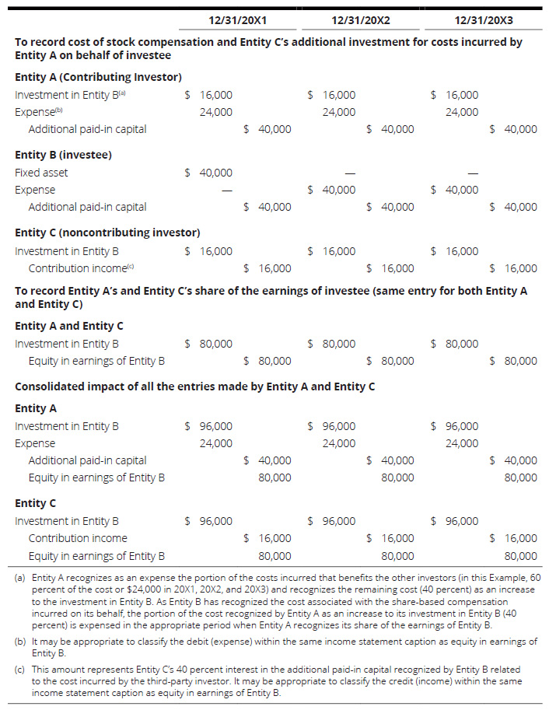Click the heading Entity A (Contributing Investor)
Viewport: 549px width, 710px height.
[x=98, y=77]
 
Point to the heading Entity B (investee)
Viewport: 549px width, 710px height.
[x=63, y=155]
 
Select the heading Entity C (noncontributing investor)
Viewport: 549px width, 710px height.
[x=107, y=233]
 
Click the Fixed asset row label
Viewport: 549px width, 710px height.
[x=41, y=173]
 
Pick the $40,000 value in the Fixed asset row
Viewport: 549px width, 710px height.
[x=208, y=173]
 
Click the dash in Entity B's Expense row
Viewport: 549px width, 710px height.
[x=227, y=190]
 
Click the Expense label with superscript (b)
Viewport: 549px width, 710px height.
[x=34, y=112]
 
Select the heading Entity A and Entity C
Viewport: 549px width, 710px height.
[x=69, y=326]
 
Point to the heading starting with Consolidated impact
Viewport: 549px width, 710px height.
[x=195, y=387]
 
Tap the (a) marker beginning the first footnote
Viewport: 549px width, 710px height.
[x=20, y=579]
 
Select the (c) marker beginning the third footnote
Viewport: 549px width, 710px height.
[x=20, y=670]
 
